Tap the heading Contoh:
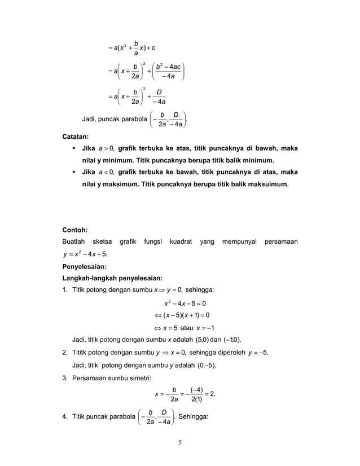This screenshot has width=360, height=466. click(x=76, y=230)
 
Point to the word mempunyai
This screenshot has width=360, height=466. click(x=238, y=242)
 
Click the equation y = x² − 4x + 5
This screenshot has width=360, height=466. click(x=86, y=254)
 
